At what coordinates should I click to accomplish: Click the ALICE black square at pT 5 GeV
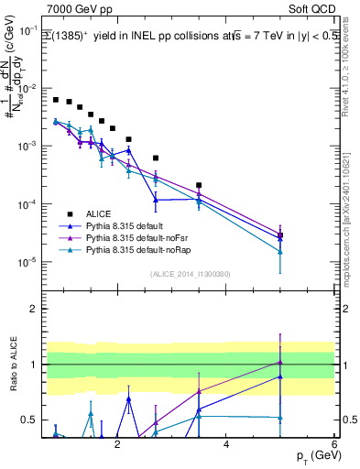click(280, 235)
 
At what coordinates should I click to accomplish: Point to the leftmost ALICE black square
click(56, 100)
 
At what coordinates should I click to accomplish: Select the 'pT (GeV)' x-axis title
click(312, 455)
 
